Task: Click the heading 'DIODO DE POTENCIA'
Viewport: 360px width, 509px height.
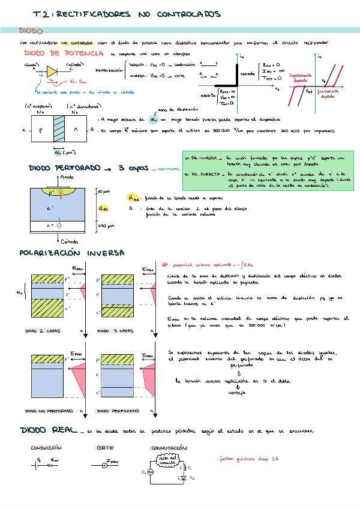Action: click(52, 53)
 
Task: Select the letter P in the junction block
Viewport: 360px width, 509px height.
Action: click(41, 130)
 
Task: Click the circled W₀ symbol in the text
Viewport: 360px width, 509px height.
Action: click(154, 120)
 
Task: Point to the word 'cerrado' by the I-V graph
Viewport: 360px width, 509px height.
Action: click(247, 74)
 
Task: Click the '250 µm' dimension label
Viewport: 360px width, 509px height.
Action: click(106, 226)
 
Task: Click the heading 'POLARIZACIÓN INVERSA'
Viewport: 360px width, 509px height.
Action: click(72, 253)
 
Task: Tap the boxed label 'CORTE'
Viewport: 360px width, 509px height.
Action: click(105, 448)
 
